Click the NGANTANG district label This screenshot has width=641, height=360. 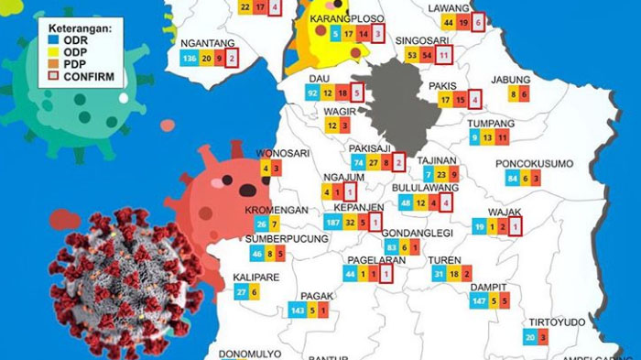pos(208,43)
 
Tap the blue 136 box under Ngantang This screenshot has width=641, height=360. pos(190,59)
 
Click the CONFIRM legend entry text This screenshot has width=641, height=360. pos(90,77)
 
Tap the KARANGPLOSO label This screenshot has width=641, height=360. pos(347,18)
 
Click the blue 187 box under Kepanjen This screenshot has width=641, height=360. pos(332,223)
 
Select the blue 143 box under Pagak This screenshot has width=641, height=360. pos(297,311)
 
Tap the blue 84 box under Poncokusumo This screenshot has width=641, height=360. pos(513,179)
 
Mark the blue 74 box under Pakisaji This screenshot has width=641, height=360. pos(358,163)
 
